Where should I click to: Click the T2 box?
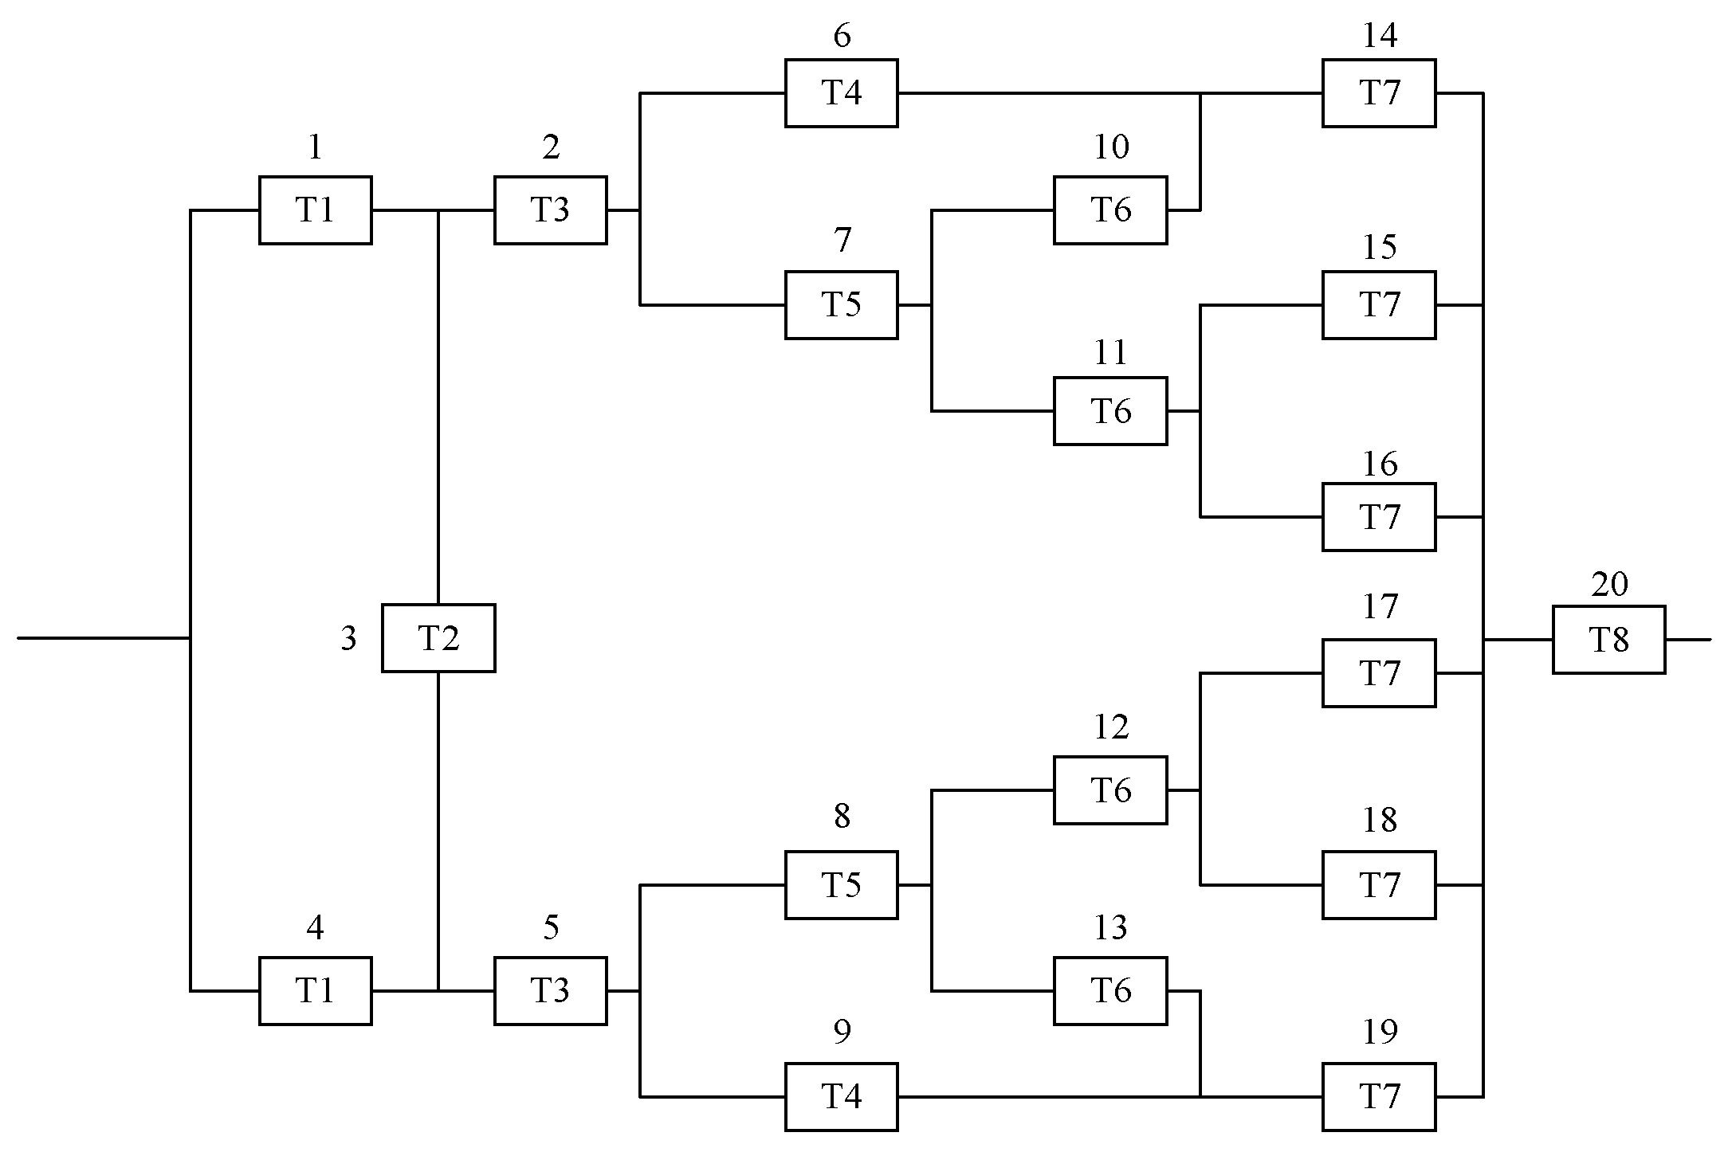tap(438, 638)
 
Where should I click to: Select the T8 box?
tap(1608, 640)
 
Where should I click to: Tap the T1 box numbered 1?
tap(315, 210)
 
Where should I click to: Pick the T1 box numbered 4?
tap(315, 990)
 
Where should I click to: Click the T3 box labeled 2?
tap(550, 210)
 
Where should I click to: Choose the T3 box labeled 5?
tap(550, 990)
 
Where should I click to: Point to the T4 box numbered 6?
tap(841, 93)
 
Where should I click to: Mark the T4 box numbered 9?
tap(841, 1096)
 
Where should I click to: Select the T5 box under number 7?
tap(841, 304)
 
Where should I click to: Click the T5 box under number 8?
tap(841, 884)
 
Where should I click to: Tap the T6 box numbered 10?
tap(1110, 210)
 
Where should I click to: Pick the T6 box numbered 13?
tap(1110, 990)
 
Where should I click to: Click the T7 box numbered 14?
tap(1379, 93)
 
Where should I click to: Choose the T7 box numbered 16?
tap(1379, 517)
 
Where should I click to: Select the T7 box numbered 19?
tap(1379, 1096)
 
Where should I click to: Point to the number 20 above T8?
tap(1609, 585)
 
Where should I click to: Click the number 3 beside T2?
tap(348, 639)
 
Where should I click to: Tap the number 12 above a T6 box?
tap(1111, 727)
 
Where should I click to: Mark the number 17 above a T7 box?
tap(1380, 607)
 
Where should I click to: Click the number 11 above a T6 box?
tap(1111, 352)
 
